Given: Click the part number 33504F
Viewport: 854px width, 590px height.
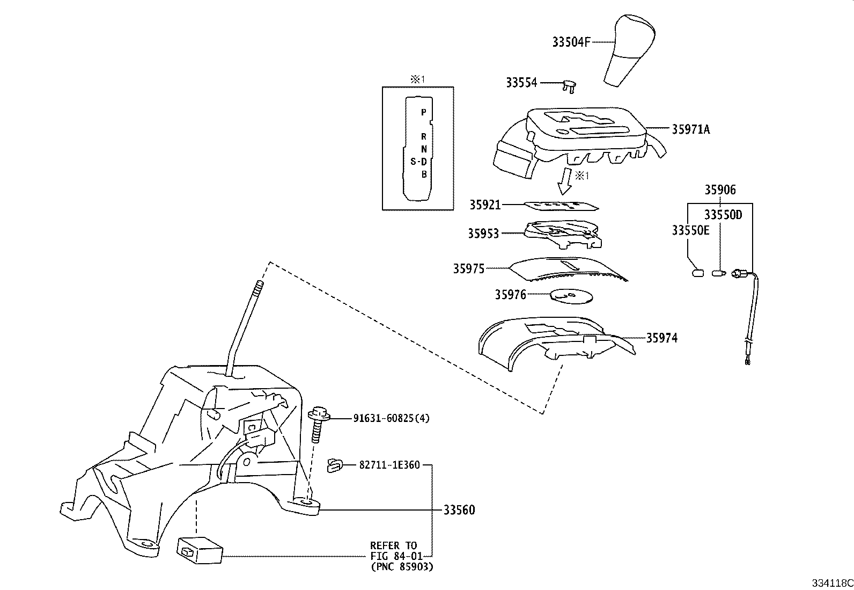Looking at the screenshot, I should pyautogui.click(x=571, y=42).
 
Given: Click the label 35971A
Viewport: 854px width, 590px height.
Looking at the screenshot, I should pyautogui.click(x=690, y=129).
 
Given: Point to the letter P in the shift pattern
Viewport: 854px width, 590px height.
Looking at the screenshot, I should pyautogui.click(x=423, y=112).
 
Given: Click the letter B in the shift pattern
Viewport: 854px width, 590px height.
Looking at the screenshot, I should pyautogui.click(x=423, y=174).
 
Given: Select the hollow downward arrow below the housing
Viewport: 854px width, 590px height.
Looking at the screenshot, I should pyautogui.click(x=565, y=181).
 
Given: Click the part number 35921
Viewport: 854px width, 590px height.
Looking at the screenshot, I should pyautogui.click(x=484, y=205).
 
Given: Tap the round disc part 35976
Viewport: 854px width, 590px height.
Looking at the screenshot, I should pyautogui.click(x=571, y=296).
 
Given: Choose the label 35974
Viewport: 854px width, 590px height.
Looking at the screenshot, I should pyautogui.click(x=661, y=338).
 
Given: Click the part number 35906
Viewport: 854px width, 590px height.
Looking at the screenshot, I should pyautogui.click(x=720, y=190).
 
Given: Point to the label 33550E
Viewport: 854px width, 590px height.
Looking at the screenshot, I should pyautogui.click(x=690, y=230).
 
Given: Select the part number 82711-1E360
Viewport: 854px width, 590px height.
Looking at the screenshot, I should pyautogui.click(x=389, y=465).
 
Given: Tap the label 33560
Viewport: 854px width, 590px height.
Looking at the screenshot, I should pyautogui.click(x=459, y=510).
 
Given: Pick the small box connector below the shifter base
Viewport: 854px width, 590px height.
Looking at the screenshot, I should pyautogui.click(x=200, y=549).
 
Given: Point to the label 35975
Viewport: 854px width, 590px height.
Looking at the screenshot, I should pyautogui.click(x=468, y=268).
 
